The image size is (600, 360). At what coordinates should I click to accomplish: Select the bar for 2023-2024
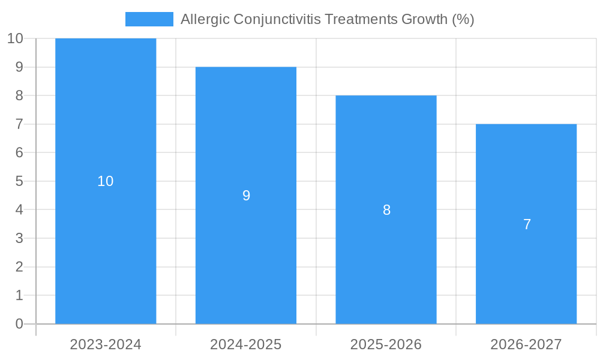(x=106, y=252)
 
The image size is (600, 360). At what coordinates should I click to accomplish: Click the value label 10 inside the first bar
(x=106, y=181)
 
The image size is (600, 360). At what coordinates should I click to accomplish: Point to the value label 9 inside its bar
(x=246, y=196)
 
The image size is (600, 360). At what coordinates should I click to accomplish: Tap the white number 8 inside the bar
(x=386, y=210)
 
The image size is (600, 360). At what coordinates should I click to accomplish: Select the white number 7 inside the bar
(x=527, y=224)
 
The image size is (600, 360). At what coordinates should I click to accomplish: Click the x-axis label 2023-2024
(x=106, y=344)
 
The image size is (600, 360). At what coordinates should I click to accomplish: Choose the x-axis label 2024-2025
(x=246, y=344)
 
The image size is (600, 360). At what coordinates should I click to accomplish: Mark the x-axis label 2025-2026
(x=386, y=344)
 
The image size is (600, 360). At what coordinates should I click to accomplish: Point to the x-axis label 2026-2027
(x=526, y=344)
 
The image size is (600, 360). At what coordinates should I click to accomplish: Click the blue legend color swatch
(x=149, y=19)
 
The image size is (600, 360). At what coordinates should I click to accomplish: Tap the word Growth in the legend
(x=424, y=19)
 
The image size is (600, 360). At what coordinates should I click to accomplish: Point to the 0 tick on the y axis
(x=19, y=324)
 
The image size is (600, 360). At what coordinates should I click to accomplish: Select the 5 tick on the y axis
(x=19, y=181)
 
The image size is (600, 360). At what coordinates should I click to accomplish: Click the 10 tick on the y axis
(x=15, y=38)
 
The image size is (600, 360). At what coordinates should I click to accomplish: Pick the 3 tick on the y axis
(x=19, y=238)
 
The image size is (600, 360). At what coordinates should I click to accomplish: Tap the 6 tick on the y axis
(x=19, y=152)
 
